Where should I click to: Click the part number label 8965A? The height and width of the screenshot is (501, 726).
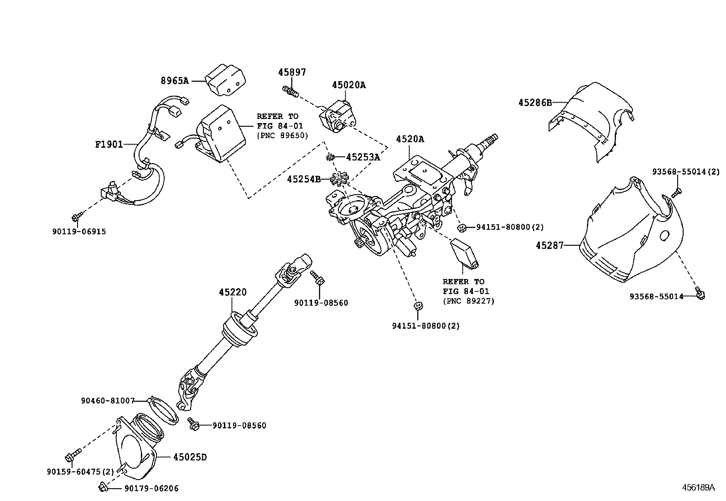pos(174,81)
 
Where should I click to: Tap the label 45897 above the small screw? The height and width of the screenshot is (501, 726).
pos(292,72)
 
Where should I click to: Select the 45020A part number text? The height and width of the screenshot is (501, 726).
pos(348,85)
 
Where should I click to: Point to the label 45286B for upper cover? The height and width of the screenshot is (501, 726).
pos(534,103)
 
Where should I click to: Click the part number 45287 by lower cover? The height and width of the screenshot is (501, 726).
pos(550,246)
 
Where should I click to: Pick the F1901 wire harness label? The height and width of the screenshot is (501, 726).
pos(109,145)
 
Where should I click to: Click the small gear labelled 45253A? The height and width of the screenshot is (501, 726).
pos(329,157)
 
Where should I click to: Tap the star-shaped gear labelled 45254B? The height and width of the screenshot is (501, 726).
pos(340,179)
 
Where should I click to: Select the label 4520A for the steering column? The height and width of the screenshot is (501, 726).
pos(410,139)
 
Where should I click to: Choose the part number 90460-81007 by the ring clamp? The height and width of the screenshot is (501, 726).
pos(108,401)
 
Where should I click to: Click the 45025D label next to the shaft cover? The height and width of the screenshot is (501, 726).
pos(190,457)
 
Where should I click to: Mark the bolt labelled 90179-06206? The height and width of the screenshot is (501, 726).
pos(102,488)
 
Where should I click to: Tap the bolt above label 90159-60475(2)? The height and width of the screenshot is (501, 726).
pos(73,454)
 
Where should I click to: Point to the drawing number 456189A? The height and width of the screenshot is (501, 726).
pos(698,487)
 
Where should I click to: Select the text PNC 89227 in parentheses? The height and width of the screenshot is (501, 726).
pos(468,301)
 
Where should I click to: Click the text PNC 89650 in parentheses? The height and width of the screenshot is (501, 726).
pos(282,135)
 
